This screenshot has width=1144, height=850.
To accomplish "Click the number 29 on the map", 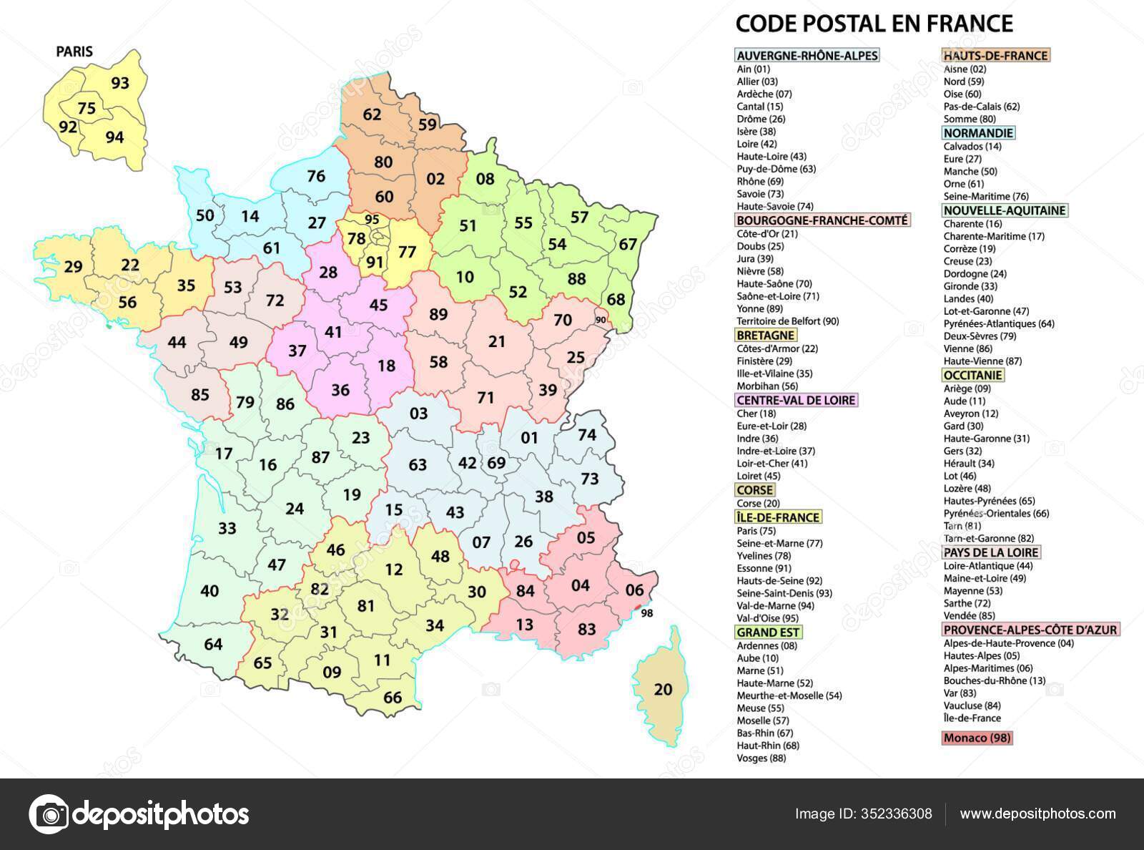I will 73,267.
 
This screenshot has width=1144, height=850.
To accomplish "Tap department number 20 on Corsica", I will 663,689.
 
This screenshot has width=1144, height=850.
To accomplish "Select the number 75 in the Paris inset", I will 87,109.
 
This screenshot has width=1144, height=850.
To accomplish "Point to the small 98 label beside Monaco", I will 647,613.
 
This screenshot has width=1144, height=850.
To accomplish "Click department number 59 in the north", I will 427,124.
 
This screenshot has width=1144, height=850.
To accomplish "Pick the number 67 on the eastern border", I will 627,245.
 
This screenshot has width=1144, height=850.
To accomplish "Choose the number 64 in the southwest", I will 213,644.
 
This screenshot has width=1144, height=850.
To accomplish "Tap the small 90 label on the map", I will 601,319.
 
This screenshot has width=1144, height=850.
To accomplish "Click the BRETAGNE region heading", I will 765,335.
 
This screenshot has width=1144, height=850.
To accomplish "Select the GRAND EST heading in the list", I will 769,632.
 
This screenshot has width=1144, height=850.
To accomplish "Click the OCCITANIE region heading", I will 973,375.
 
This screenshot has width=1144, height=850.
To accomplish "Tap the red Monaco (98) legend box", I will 977,738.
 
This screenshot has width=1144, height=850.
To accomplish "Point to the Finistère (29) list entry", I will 764,361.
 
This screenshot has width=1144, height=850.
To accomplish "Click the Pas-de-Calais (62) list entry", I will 981,107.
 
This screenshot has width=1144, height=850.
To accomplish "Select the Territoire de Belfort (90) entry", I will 788,321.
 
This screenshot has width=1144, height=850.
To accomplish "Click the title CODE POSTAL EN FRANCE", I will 874,24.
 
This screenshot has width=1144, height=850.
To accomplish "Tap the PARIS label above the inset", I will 74,52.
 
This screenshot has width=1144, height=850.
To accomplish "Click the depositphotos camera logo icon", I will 49,814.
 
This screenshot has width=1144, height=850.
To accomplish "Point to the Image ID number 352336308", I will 898,814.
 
